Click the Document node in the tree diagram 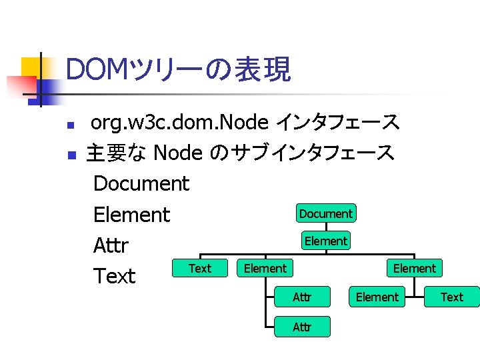click(x=325, y=213)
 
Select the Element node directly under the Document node click(x=325, y=241)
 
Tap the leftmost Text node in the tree click(x=199, y=268)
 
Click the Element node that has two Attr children click(x=265, y=268)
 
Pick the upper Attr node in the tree click(x=302, y=297)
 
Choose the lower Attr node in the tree click(x=302, y=327)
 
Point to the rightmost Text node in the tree click(x=451, y=297)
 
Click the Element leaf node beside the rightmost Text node click(x=377, y=297)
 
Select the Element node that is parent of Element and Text click(x=414, y=268)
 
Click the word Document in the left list click(x=141, y=183)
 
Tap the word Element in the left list click(x=131, y=215)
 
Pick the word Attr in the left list click(x=111, y=245)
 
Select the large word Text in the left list click(x=115, y=276)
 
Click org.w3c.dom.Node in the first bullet click(x=179, y=123)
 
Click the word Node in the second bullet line click(x=177, y=153)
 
